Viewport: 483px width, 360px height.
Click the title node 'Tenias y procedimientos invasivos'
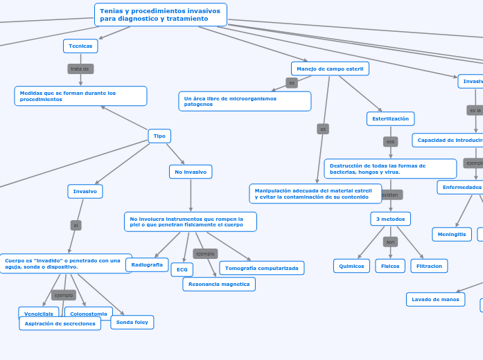(x=160, y=15)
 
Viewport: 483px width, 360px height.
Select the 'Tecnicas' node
(x=80, y=46)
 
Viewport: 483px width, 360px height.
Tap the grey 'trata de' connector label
(x=80, y=69)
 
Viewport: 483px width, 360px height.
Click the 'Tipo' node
(x=159, y=136)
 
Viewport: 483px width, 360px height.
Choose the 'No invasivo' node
(x=191, y=172)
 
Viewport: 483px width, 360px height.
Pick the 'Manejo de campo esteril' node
(x=330, y=69)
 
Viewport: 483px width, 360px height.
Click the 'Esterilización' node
(x=390, y=119)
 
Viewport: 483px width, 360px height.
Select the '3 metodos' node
(x=390, y=219)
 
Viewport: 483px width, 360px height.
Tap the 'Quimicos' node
(x=352, y=266)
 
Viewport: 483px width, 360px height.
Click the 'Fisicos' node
(x=390, y=266)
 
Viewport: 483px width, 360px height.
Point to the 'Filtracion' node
(x=429, y=266)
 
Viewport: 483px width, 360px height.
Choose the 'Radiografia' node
(x=147, y=264)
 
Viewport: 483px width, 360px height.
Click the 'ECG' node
(x=182, y=269)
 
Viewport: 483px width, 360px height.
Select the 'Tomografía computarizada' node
(x=262, y=268)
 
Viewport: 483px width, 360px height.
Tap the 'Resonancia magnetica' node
(x=219, y=284)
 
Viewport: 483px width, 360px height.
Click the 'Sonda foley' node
(x=132, y=322)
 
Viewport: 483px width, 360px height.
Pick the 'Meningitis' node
(x=452, y=234)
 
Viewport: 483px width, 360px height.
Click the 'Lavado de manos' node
(x=435, y=299)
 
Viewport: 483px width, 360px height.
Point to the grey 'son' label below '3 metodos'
(x=390, y=242)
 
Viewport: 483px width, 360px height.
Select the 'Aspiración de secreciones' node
(x=60, y=323)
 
